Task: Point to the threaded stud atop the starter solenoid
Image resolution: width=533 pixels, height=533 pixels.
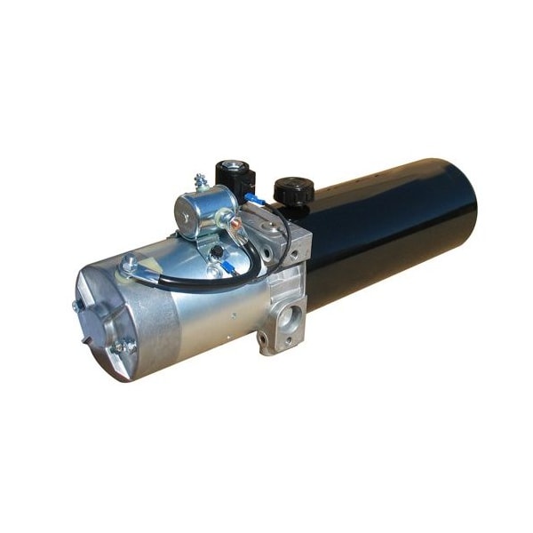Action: [202, 181]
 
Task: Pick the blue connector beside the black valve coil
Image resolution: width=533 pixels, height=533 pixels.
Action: [255, 198]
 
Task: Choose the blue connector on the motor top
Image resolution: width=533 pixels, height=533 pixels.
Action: [217, 264]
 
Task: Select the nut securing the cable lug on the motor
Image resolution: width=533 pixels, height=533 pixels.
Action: [131, 263]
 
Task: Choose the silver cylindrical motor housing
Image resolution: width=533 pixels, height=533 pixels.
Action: [195, 311]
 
